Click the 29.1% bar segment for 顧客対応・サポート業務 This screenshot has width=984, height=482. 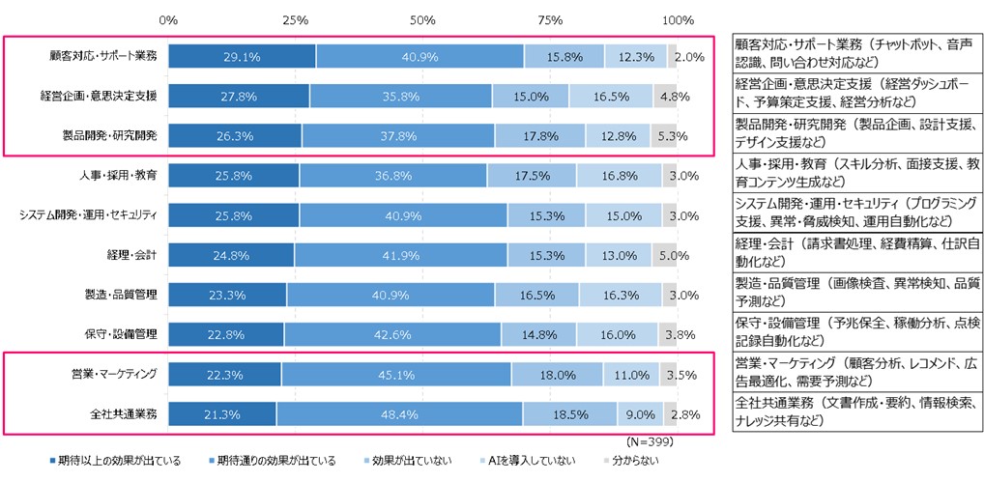pos(242,56)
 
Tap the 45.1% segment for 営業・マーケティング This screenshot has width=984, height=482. pos(395,374)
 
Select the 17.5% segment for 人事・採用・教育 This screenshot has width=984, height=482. pos(532,175)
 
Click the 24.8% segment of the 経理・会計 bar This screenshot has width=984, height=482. pos(231,255)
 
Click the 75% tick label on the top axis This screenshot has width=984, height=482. pos(550,20)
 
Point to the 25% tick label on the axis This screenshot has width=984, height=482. pos(296,20)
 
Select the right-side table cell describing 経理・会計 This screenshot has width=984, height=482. pos(855,253)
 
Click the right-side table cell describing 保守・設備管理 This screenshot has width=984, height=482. pos(855,331)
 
